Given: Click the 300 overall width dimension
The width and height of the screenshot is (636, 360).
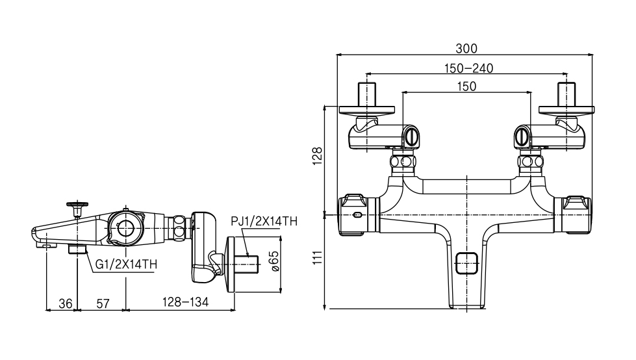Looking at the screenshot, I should pyautogui.click(x=466, y=49).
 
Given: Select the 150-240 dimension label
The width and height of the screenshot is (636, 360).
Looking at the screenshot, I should pyautogui.click(x=468, y=68).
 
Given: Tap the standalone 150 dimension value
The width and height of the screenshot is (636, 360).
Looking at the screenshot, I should pyautogui.click(x=466, y=86).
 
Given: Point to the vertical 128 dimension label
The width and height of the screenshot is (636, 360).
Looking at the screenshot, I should pyautogui.click(x=317, y=157).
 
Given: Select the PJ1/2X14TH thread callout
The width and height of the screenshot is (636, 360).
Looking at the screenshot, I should pyautogui.click(x=264, y=222).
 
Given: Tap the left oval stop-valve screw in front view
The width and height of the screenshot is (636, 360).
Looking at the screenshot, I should pyautogui.click(x=410, y=136).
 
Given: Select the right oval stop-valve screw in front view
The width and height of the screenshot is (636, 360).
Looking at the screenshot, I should pyautogui.click(x=521, y=136).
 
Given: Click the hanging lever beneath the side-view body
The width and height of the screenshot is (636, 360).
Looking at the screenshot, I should pyautogui.click(x=209, y=262).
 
